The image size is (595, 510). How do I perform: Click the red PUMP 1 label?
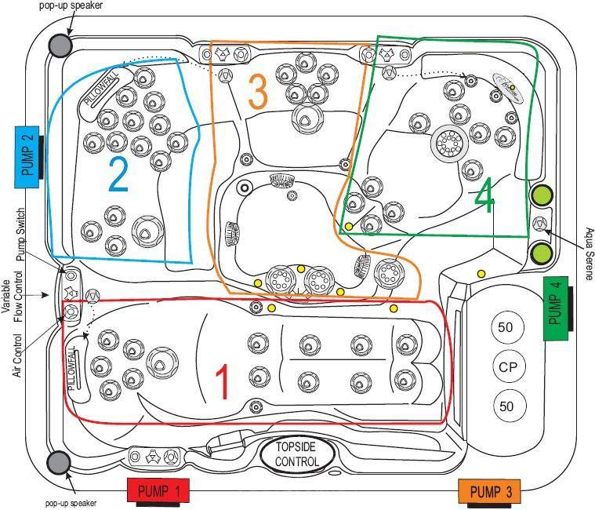158,492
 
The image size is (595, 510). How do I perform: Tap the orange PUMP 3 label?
491,492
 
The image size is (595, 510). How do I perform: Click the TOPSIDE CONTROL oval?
296,454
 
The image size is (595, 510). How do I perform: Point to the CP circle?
506,366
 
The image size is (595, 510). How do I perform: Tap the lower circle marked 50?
506,406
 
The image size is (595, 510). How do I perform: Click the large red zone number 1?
222,383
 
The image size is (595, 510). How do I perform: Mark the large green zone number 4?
484,199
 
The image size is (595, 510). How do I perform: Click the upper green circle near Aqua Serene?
541,195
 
